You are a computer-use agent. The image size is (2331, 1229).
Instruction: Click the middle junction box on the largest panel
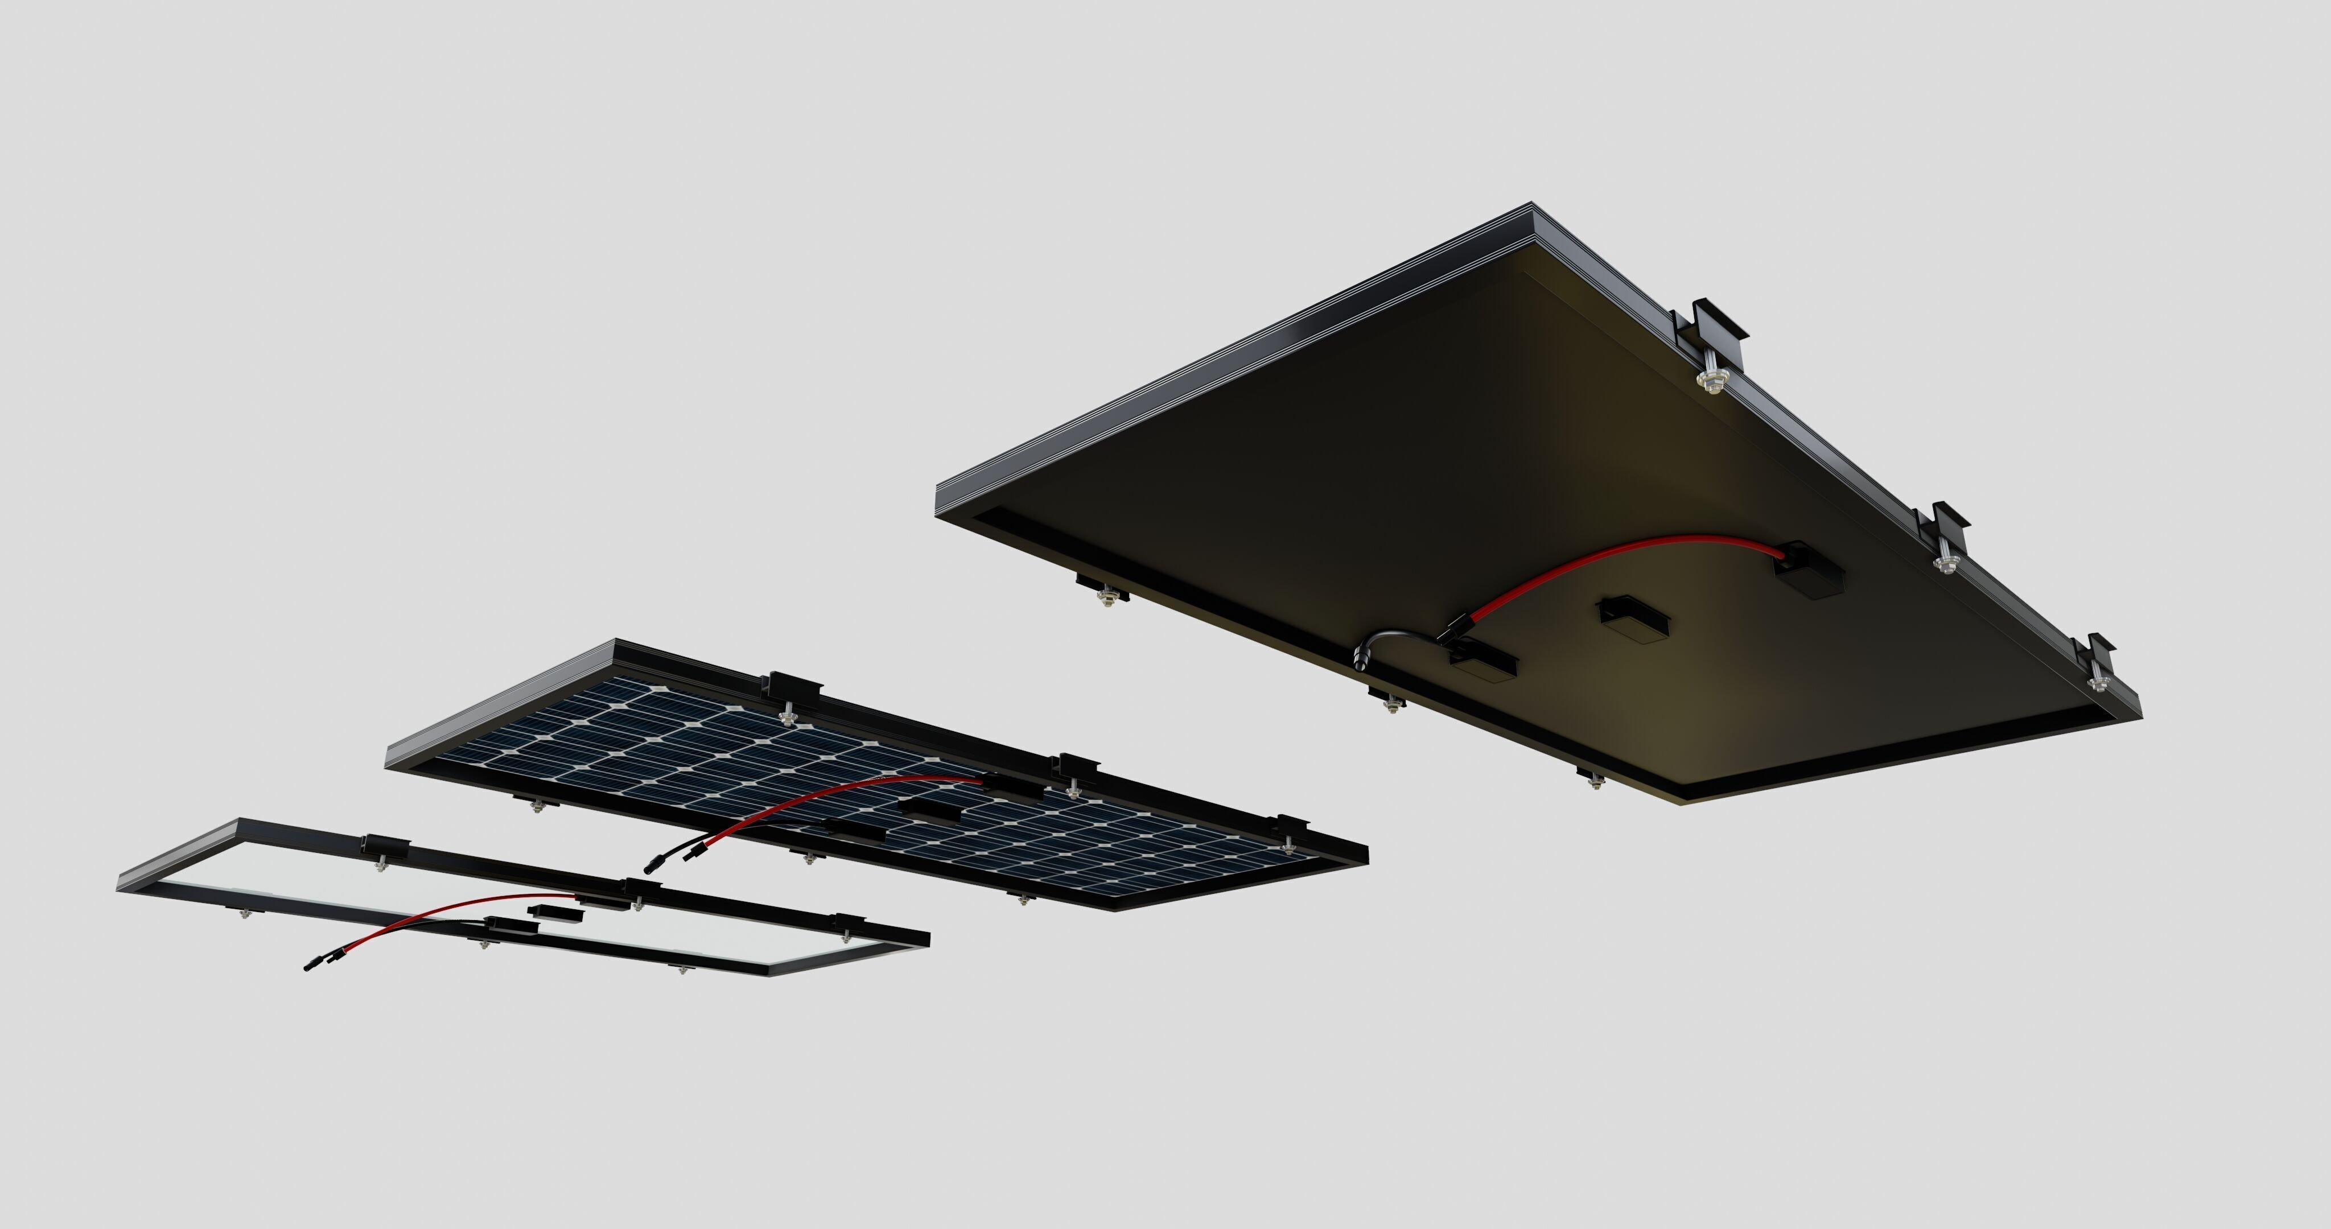click(1633, 617)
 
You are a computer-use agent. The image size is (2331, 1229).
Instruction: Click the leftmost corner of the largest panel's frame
click(937, 493)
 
